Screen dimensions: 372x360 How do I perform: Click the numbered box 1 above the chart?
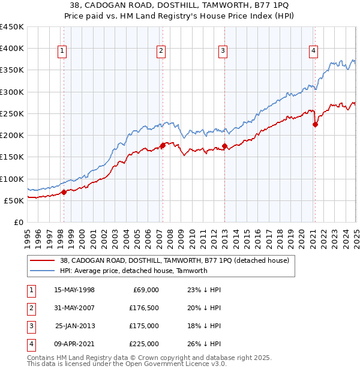click(x=62, y=52)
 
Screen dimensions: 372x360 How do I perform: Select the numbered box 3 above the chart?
click(x=223, y=52)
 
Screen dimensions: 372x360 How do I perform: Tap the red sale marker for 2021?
click(x=315, y=125)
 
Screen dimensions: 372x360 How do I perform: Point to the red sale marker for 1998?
click(x=64, y=193)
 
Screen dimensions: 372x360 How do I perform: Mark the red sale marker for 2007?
click(x=163, y=146)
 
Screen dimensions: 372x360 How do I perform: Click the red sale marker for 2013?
click(x=224, y=146)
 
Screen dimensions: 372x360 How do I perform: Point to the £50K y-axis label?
click(x=14, y=200)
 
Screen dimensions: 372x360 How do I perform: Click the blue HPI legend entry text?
click(x=133, y=271)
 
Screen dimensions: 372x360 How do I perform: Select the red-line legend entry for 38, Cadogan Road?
click(x=175, y=260)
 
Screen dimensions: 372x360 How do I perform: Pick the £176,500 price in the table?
click(x=144, y=308)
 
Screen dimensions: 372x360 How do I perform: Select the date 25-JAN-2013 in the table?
click(x=75, y=326)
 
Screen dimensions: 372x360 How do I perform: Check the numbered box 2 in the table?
click(x=31, y=308)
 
